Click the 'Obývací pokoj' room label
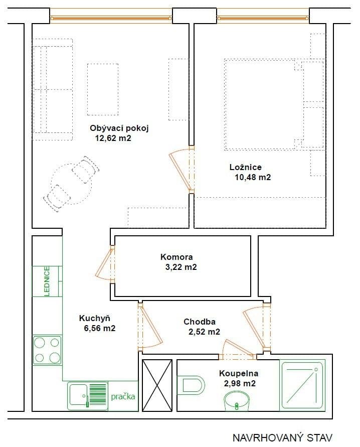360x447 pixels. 119,127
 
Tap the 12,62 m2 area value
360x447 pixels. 113,138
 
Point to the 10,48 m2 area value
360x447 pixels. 253,177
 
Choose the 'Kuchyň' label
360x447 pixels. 94,318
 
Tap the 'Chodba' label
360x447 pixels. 200,321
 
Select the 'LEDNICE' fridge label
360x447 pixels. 47,281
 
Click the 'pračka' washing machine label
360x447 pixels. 123,396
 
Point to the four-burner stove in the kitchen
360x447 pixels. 47,350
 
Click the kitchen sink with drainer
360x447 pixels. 88,396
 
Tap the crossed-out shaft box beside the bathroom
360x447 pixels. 157,385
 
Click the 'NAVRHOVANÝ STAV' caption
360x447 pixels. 282,437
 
